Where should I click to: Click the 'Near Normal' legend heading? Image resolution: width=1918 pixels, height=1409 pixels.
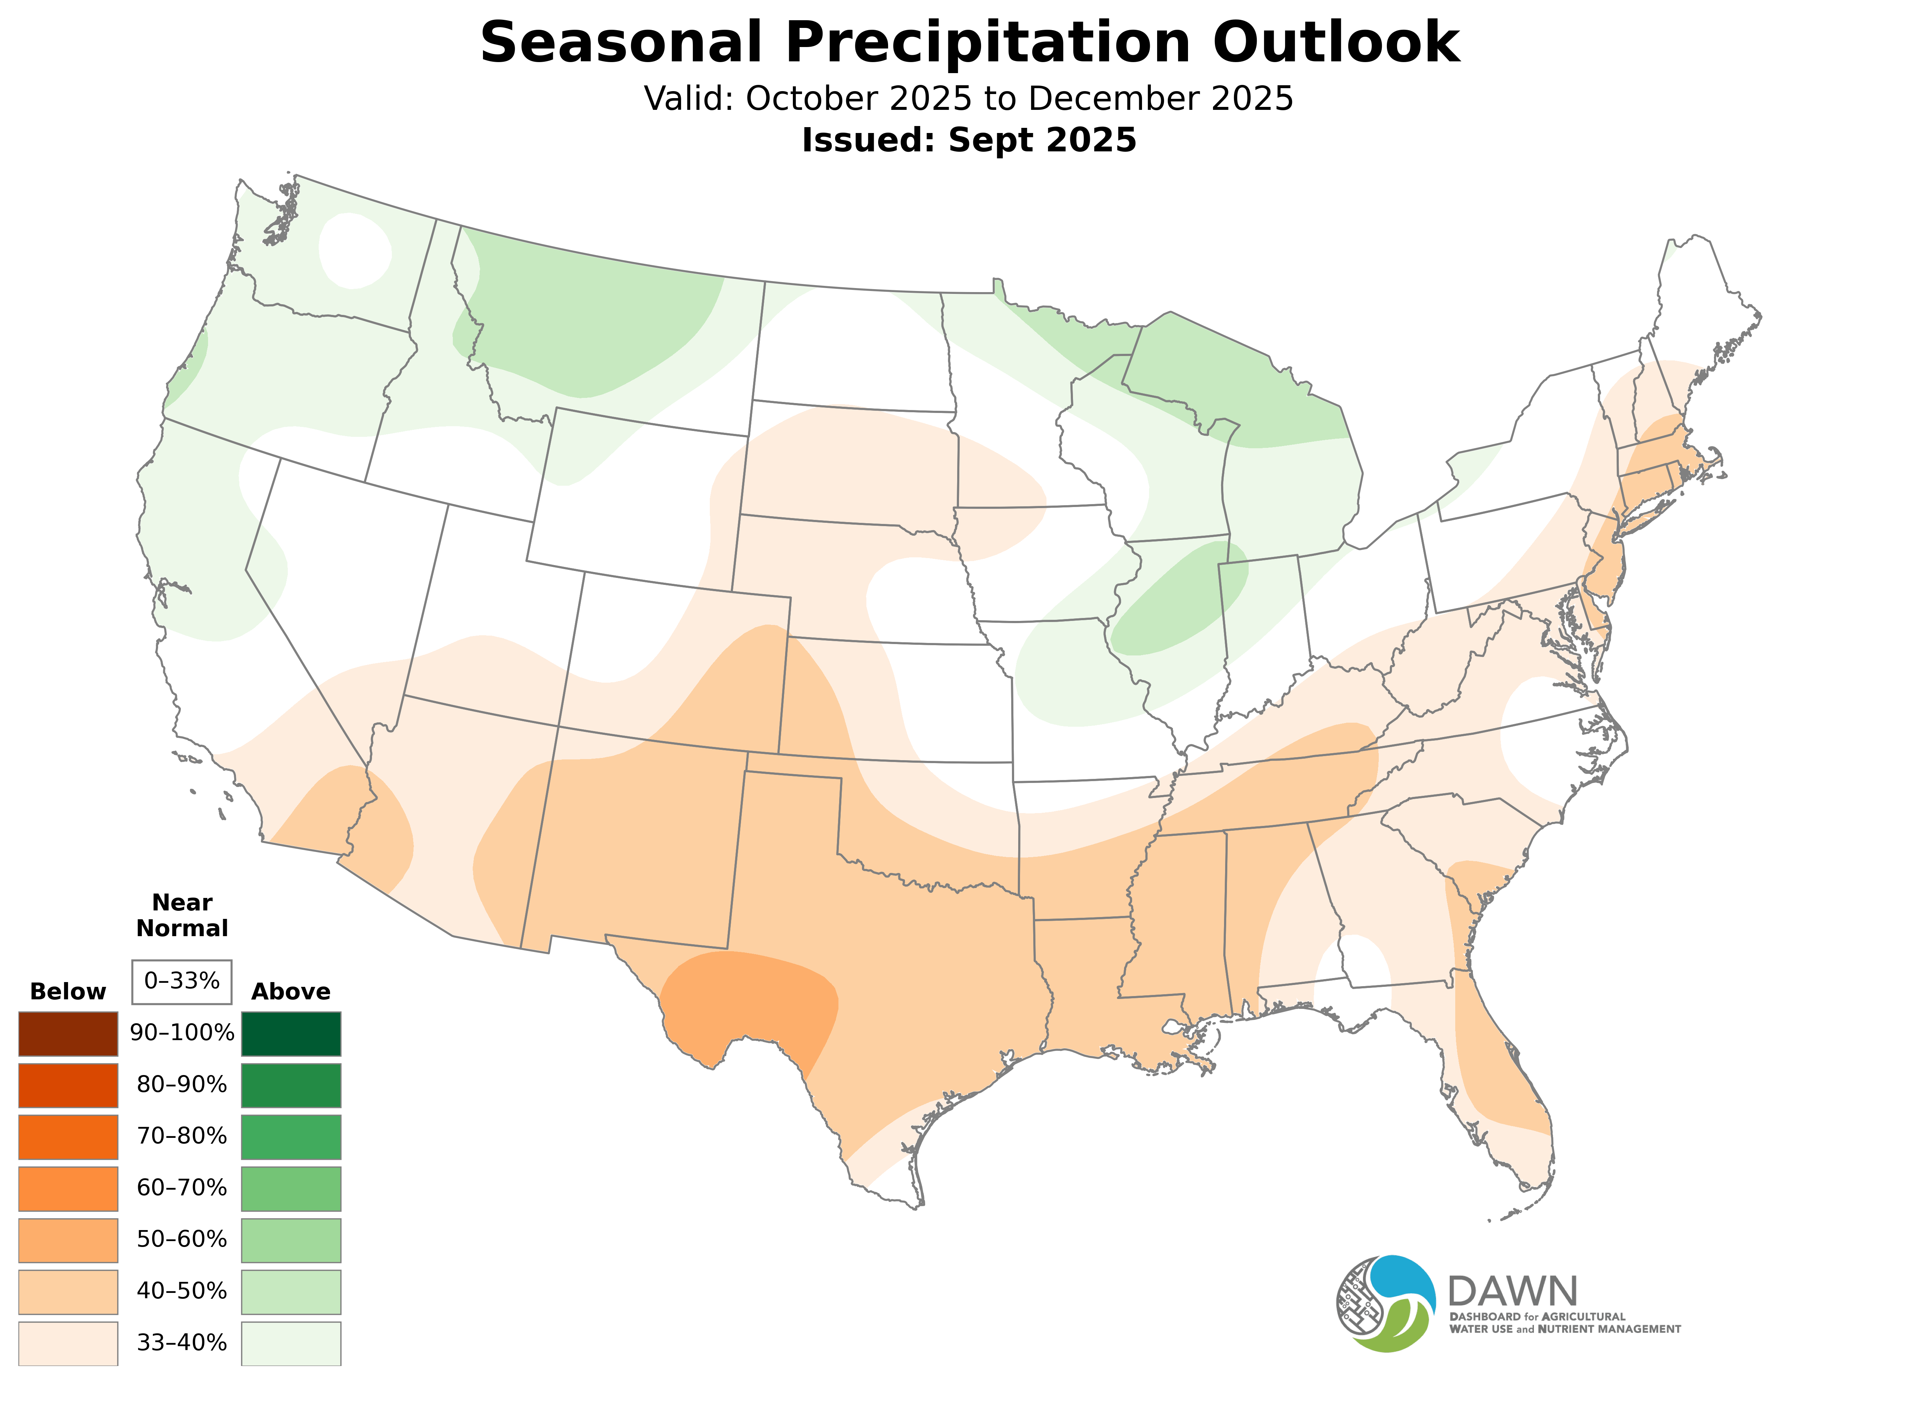[182, 915]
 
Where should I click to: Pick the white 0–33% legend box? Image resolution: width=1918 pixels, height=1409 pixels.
[182, 981]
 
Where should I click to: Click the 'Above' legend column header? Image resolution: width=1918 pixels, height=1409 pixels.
[291, 992]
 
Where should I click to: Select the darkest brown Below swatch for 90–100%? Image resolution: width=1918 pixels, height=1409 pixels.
[68, 1034]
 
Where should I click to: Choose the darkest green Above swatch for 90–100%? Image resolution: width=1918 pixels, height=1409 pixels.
[291, 1034]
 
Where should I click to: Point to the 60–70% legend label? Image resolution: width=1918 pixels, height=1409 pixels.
[182, 1188]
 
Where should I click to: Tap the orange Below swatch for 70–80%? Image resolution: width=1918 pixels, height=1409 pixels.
[68, 1137]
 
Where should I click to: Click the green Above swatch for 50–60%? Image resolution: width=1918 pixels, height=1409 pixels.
[291, 1240]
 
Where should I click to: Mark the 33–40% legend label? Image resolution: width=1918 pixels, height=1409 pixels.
[182, 1343]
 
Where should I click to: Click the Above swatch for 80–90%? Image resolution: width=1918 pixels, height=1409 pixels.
[291, 1085]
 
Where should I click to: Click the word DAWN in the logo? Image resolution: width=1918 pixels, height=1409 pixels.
[1512, 1292]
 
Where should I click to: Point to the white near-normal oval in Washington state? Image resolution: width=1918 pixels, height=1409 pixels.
[354, 249]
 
